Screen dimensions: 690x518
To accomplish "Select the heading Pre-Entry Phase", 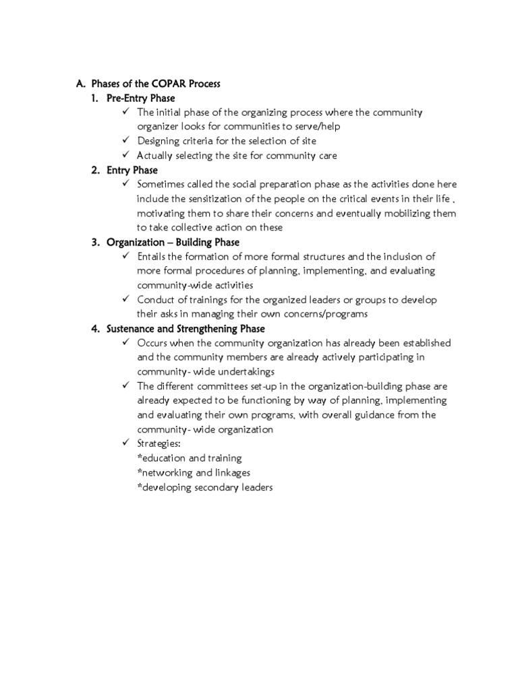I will [x=140, y=98].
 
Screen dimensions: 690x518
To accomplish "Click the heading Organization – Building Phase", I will [x=173, y=242].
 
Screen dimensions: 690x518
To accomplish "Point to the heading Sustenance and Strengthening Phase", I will [x=185, y=329].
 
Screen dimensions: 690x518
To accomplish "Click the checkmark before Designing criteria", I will [x=126, y=141].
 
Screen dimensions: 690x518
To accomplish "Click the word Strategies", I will [x=159, y=444].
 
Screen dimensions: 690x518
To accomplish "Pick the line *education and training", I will [x=189, y=458].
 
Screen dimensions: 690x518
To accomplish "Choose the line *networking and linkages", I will [x=193, y=473].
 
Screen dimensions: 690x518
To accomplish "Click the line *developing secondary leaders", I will [x=204, y=487].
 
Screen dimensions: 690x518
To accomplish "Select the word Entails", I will [x=152, y=257].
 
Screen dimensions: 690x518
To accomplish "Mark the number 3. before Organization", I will [x=96, y=242].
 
